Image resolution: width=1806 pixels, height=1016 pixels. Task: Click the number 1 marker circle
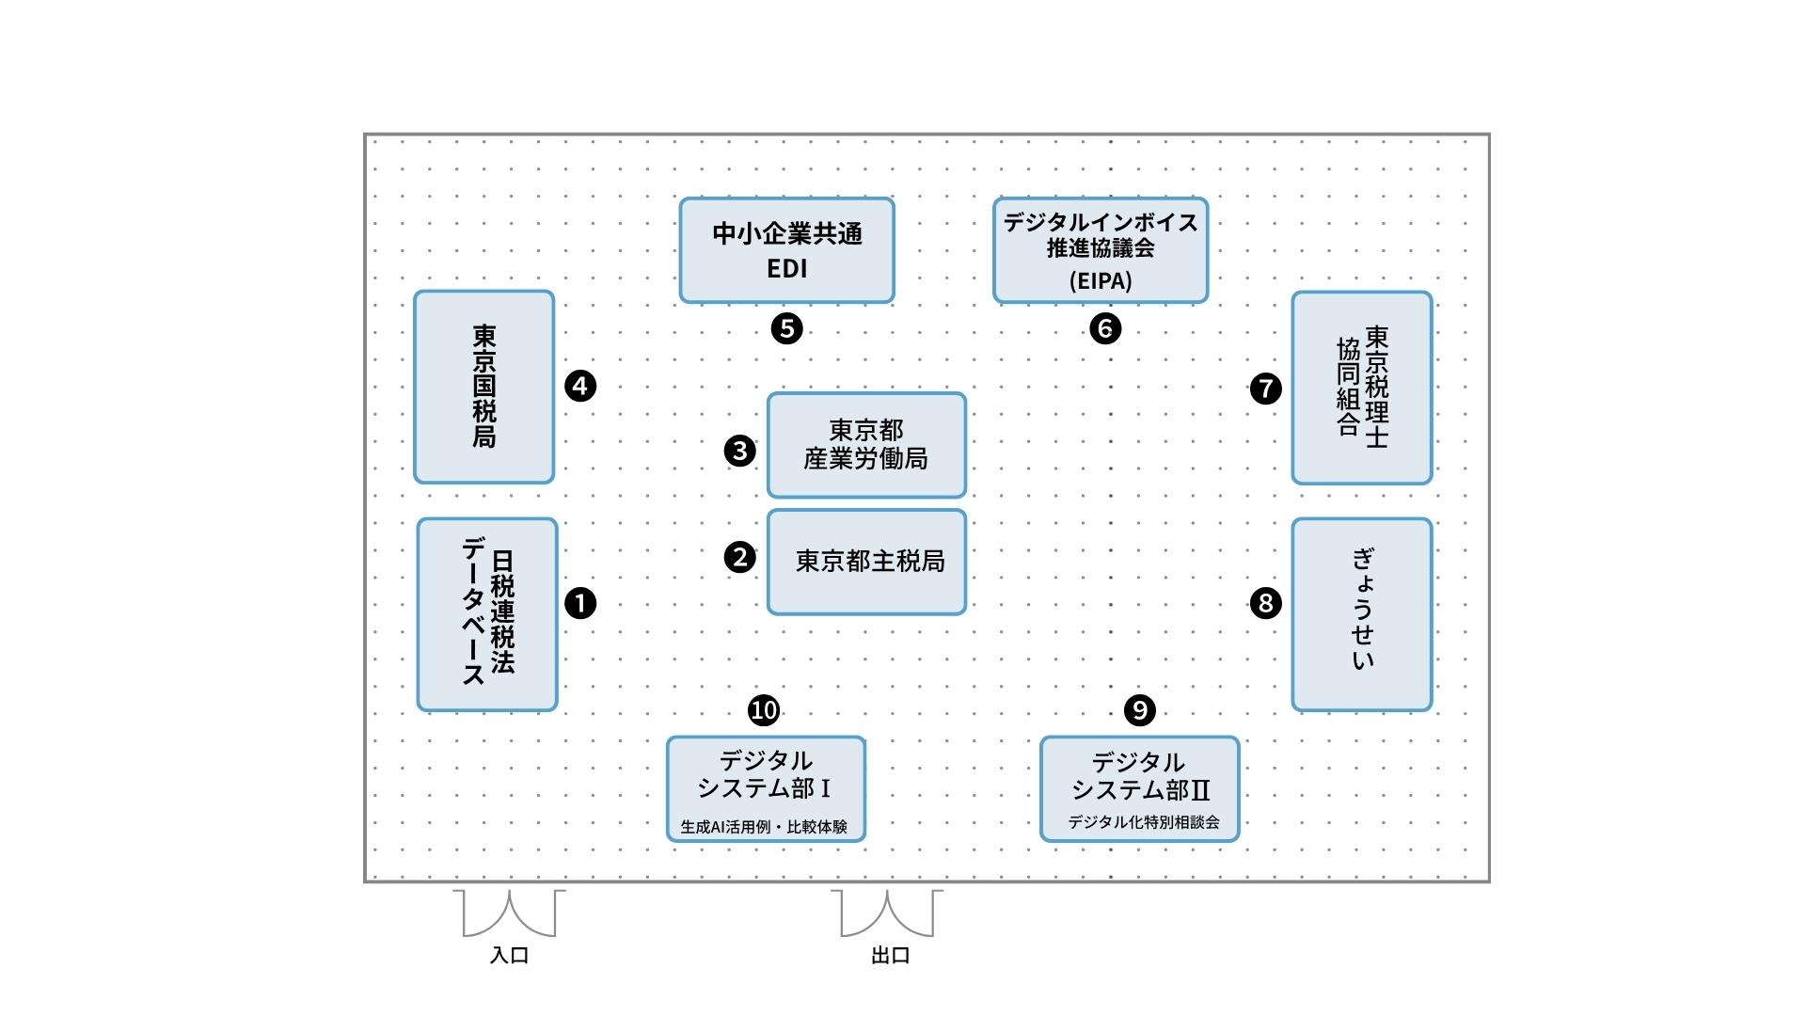[x=580, y=603]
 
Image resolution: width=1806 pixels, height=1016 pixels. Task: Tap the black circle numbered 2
[x=740, y=557]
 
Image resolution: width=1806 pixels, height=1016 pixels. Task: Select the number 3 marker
[x=740, y=451]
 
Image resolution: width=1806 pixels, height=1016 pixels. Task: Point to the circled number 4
[x=580, y=386]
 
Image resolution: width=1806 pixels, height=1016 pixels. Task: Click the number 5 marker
[x=786, y=328]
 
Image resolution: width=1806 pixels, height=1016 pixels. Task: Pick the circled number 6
[x=1105, y=328]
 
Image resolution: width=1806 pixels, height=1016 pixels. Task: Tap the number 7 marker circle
[x=1266, y=388]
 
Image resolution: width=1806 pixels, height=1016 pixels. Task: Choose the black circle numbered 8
[x=1266, y=603]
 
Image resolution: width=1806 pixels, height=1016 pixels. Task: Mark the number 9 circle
[x=1140, y=709]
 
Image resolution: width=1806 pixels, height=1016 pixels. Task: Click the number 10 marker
[x=764, y=709]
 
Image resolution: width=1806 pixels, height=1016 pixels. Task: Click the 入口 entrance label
[x=510, y=956]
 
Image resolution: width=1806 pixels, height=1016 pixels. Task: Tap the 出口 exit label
[x=891, y=956]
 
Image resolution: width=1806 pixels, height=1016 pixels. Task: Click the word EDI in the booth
[x=787, y=269]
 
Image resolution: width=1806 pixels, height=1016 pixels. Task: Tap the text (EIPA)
[x=1101, y=280]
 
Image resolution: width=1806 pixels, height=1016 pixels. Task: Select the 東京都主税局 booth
[x=867, y=563]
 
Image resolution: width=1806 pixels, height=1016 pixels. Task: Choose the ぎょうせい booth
[x=1362, y=613]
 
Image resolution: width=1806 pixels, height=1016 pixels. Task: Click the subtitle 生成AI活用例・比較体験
[x=764, y=827]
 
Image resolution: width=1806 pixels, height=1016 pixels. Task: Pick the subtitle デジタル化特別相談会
[x=1144, y=822]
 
